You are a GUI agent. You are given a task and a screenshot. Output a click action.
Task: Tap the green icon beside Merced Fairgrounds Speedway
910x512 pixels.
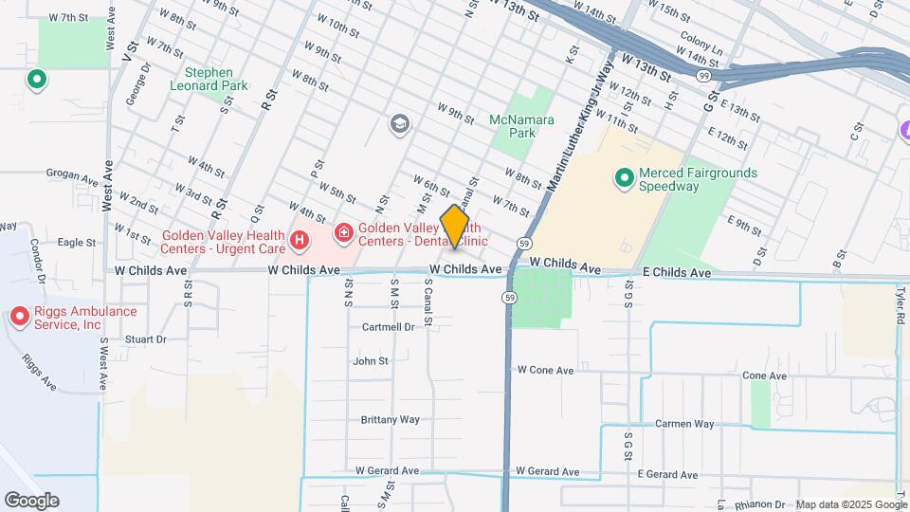click(624, 177)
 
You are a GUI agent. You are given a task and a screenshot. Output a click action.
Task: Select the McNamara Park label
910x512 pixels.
click(513, 126)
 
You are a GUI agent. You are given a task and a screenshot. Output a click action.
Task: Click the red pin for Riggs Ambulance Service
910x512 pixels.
click(19, 317)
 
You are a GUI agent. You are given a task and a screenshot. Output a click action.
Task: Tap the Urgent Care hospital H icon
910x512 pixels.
click(300, 241)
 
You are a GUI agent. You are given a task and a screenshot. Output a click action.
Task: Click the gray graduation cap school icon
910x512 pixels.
click(399, 123)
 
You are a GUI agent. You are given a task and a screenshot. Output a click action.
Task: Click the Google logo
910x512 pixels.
click(31, 501)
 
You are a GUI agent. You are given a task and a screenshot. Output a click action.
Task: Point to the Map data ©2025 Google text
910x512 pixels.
click(851, 504)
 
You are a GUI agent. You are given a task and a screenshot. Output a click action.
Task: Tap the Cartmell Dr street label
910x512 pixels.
click(388, 327)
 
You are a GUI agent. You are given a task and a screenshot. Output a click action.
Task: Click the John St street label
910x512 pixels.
click(371, 361)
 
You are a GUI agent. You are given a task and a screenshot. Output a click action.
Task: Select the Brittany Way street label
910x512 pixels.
click(390, 419)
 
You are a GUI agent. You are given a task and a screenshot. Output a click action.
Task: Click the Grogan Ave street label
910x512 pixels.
click(72, 175)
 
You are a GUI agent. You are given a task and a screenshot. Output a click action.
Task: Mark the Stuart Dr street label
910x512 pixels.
click(145, 338)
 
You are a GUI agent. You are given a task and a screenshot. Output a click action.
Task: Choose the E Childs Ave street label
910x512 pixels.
click(676, 273)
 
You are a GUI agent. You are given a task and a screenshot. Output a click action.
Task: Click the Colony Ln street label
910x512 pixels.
click(701, 54)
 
